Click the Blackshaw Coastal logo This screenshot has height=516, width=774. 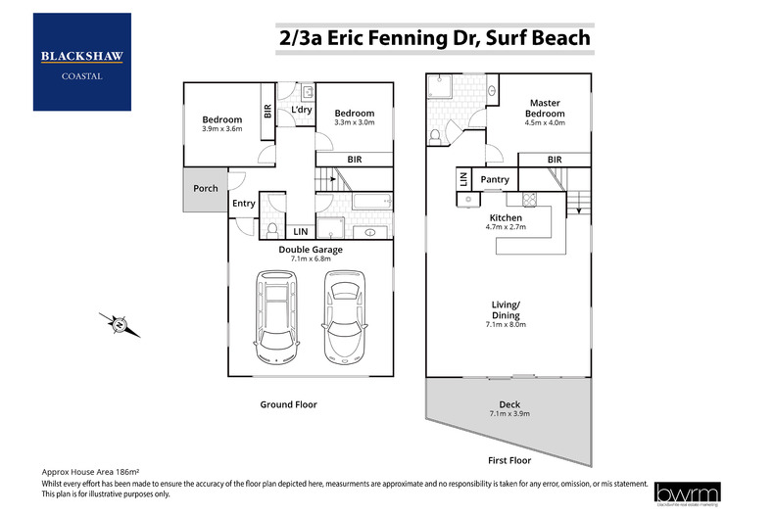81,61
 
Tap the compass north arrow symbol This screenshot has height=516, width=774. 119,323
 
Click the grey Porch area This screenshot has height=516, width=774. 205,189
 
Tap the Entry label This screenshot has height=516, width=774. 243,204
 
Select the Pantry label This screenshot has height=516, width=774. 495,179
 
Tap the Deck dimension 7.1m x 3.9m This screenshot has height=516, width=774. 508,414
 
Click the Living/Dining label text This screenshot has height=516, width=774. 508,310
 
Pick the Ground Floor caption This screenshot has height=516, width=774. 288,404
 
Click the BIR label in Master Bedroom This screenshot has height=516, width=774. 554,160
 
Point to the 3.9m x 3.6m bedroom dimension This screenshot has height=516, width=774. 221,129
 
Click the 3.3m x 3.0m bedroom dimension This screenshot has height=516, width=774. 354,123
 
